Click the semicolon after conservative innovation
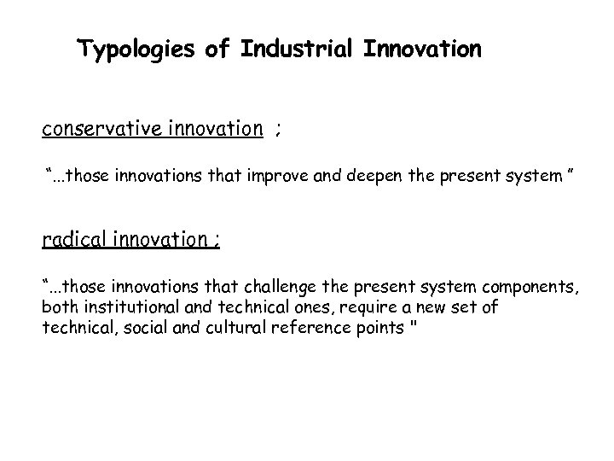pyautogui.click(x=278, y=131)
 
